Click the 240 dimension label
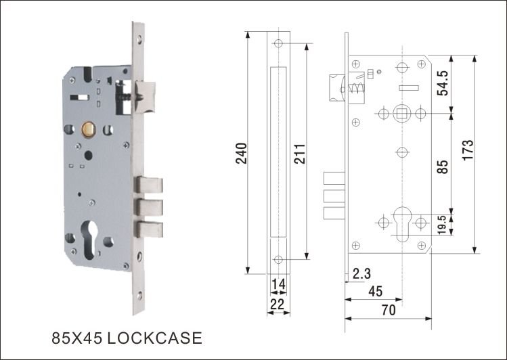point(242,153)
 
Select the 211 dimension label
point(300,154)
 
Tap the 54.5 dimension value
point(443,83)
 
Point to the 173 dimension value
point(468,150)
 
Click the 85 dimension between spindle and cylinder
point(443,166)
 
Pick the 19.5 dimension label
point(443,225)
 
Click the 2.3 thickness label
point(361,273)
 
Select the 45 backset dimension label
point(375,292)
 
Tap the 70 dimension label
point(389,310)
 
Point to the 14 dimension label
point(278,284)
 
